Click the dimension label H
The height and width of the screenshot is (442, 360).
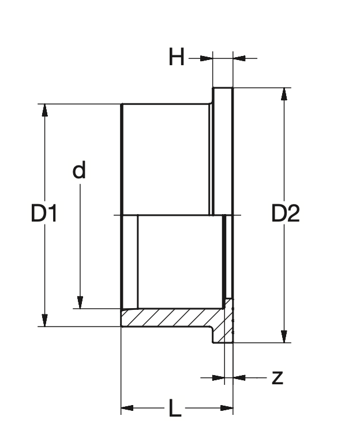click(177, 58)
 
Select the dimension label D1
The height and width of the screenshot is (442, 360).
click(44, 215)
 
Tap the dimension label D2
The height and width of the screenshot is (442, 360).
click(286, 215)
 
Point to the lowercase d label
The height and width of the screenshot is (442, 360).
click(79, 170)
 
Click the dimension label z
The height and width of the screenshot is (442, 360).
click(277, 377)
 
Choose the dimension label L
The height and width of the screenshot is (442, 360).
click(175, 409)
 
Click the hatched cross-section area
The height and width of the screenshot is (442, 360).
click(173, 318)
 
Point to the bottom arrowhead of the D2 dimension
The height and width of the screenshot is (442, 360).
click(283, 336)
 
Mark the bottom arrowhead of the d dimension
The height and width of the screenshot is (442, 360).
click(80, 302)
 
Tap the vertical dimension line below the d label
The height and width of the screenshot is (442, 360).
click(80, 242)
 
